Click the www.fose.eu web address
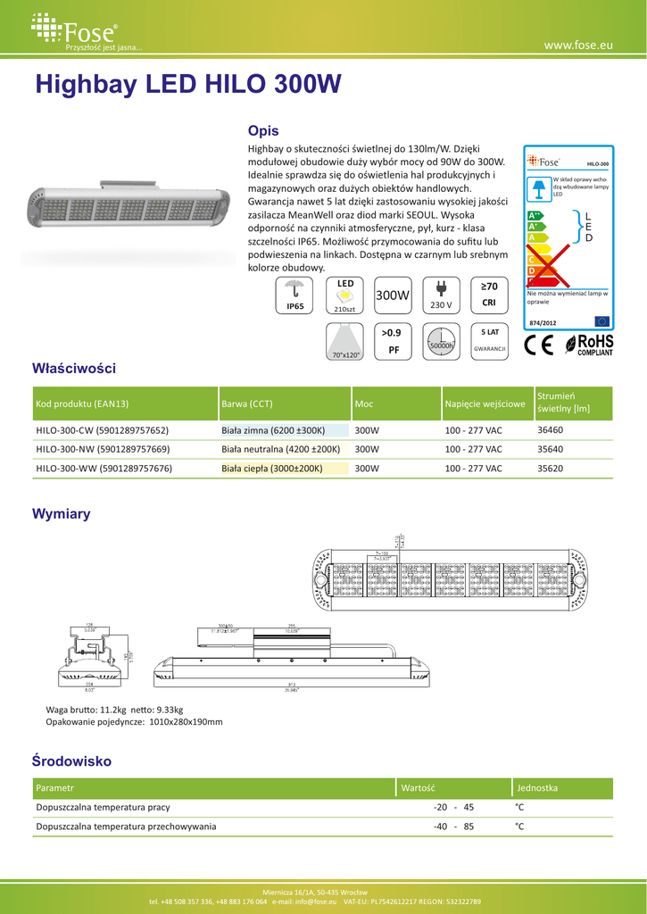[578, 45]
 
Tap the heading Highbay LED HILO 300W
[187, 85]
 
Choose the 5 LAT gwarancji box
[489, 340]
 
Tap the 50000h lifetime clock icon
[441, 341]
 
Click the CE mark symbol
[539, 345]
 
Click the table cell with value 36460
[551, 429]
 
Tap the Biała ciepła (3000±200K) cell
[272, 468]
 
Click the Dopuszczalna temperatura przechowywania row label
[126, 827]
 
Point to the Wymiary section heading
[61, 514]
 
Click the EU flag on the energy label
[601, 320]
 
